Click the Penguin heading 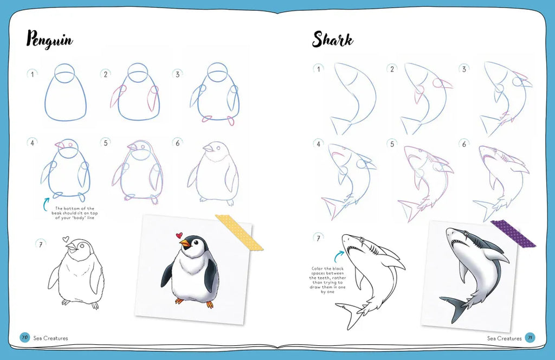click(50, 39)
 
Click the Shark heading click(332, 39)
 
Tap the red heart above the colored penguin click(179, 235)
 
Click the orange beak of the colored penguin click(185, 243)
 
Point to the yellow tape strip click(239, 233)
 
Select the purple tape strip click(513, 233)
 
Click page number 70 click(24, 337)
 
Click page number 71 click(530, 337)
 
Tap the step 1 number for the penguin click(32, 74)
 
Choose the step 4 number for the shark click(318, 144)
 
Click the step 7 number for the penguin click(41, 244)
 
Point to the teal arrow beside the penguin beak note click(46, 204)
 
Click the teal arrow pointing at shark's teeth click(339, 256)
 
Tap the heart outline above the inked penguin click(66, 239)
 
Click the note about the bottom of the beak click(75, 213)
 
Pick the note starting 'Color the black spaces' click(327, 280)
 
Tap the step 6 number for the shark click(464, 144)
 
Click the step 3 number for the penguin click(177, 74)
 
